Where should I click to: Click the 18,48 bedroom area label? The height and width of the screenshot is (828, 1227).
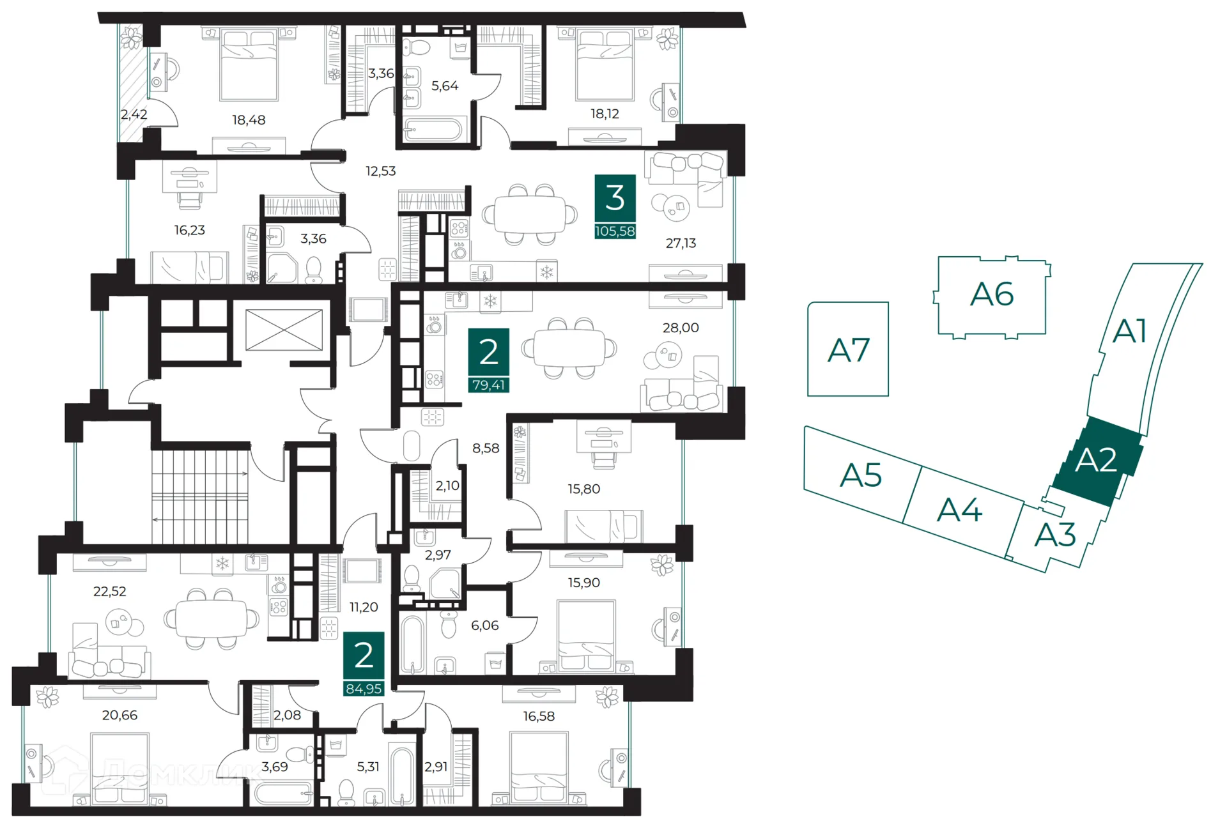coord(249,119)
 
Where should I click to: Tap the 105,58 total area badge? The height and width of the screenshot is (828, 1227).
coord(615,231)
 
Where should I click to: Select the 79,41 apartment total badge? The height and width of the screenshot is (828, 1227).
coord(489,385)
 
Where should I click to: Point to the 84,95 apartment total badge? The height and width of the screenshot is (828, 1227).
coord(364,689)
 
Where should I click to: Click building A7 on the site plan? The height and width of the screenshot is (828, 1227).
coord(848,349)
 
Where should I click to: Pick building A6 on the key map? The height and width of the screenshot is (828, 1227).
coord(992,295)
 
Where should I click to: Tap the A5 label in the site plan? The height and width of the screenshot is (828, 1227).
coord(861,475)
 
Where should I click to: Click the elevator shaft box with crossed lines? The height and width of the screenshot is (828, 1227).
coord(284,330)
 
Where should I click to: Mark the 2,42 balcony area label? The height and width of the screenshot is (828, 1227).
coord(134,114)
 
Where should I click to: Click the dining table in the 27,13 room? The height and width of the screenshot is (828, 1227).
coord(530,215)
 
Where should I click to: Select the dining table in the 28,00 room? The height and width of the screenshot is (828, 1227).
coord(569,349)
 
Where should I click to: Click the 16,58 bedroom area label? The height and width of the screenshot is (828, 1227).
coord(539,716)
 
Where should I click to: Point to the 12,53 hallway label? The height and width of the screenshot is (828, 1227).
coord(381,171)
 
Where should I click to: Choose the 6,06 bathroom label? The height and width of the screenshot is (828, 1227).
coord(484,625)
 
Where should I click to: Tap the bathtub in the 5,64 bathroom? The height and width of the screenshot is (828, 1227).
coord(433,130)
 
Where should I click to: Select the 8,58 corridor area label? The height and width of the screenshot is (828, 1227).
coord(486,448)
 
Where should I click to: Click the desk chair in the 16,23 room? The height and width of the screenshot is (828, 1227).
coord(189,198)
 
